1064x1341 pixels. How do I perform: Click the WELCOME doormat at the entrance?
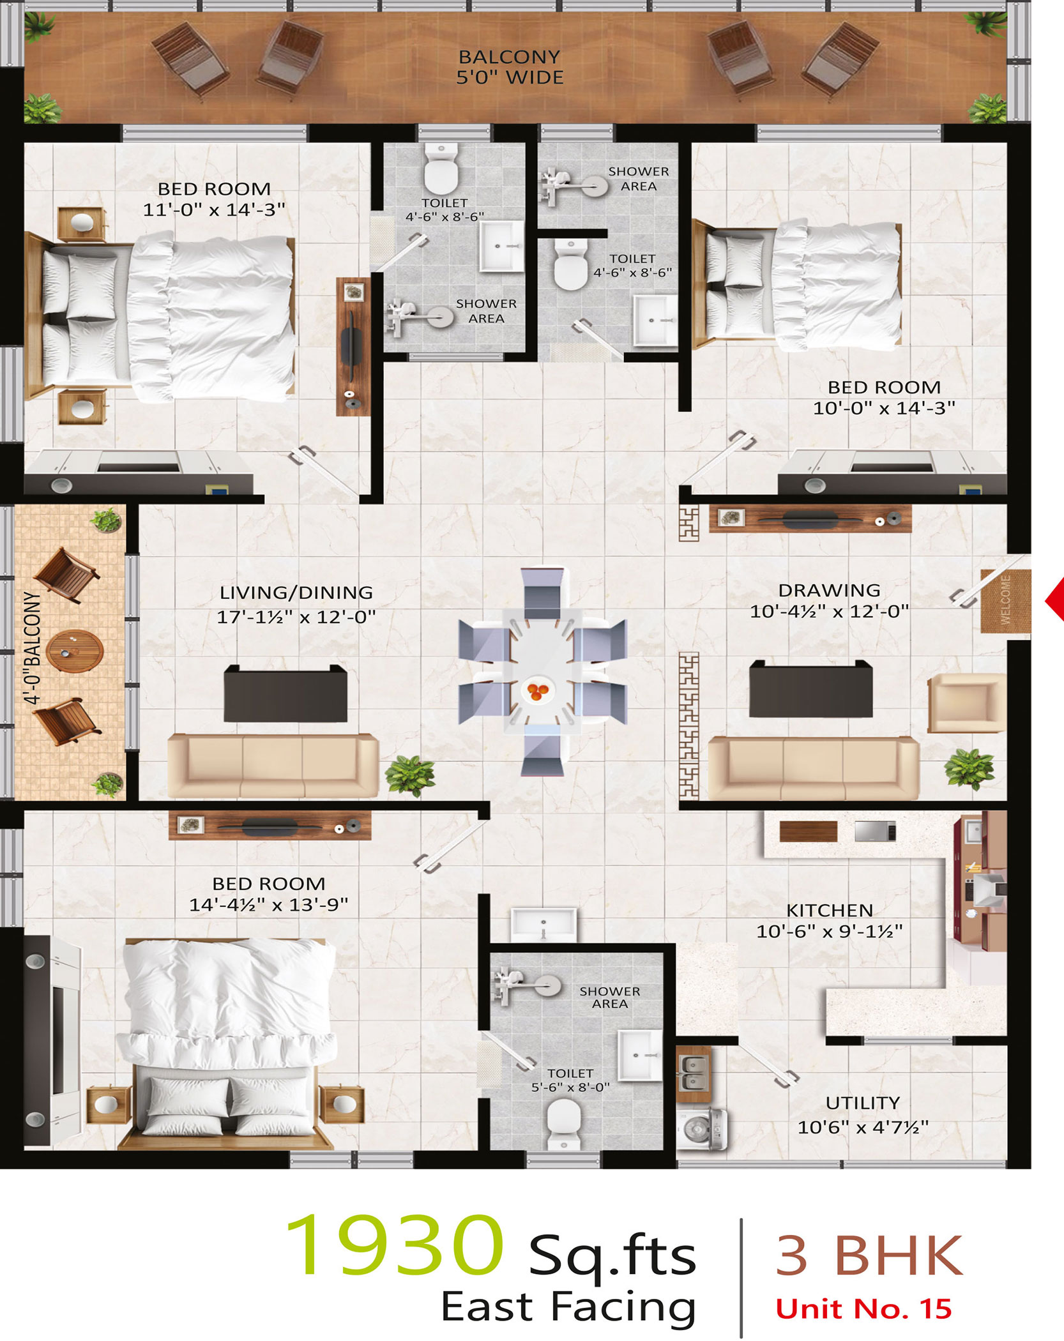coord(1006,601)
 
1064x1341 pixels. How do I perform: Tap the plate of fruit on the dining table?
coord(537,690)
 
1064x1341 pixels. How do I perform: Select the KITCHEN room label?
coord(830,910)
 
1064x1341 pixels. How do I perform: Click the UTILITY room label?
coord(863,1103)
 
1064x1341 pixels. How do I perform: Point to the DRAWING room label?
coord(829,590)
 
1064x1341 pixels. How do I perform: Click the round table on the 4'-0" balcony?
coord(75,651)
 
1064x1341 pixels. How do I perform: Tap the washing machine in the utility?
coord(703,1130)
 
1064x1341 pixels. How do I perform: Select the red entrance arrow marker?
coord(1054,600)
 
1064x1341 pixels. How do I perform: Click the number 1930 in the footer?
coord(393,1246)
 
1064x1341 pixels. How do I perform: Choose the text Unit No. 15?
coord(863,1308)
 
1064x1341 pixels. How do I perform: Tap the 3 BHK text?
coord(869,1255)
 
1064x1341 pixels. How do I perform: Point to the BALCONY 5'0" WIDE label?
coord(510,67)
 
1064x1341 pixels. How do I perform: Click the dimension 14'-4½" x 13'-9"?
coord(269,904)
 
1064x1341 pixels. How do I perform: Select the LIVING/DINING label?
coord(296,593)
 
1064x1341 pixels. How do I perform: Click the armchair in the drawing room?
coord(966,702)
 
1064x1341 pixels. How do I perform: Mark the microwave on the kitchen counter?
coord(875,831)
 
